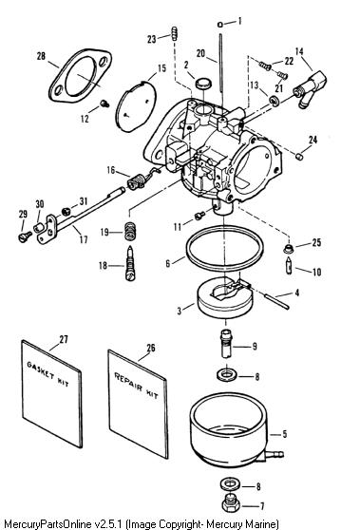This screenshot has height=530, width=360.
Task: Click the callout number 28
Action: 41,56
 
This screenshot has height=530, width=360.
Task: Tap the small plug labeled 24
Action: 299,156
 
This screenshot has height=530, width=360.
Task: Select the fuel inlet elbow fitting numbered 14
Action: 309,88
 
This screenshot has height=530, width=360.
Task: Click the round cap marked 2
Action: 203,83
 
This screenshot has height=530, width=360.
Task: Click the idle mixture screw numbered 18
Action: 130,264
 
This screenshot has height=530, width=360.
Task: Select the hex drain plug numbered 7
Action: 231,504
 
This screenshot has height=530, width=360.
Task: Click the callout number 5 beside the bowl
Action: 285,434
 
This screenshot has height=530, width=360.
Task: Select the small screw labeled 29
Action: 25,236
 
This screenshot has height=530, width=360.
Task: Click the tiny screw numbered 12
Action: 104,104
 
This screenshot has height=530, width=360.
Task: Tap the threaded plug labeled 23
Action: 175,33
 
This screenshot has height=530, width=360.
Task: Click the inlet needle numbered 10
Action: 290,266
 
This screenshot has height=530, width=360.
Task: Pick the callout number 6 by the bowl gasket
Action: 168,263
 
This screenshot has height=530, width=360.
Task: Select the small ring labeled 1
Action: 220,25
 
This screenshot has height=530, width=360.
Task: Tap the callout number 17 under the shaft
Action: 84,239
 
